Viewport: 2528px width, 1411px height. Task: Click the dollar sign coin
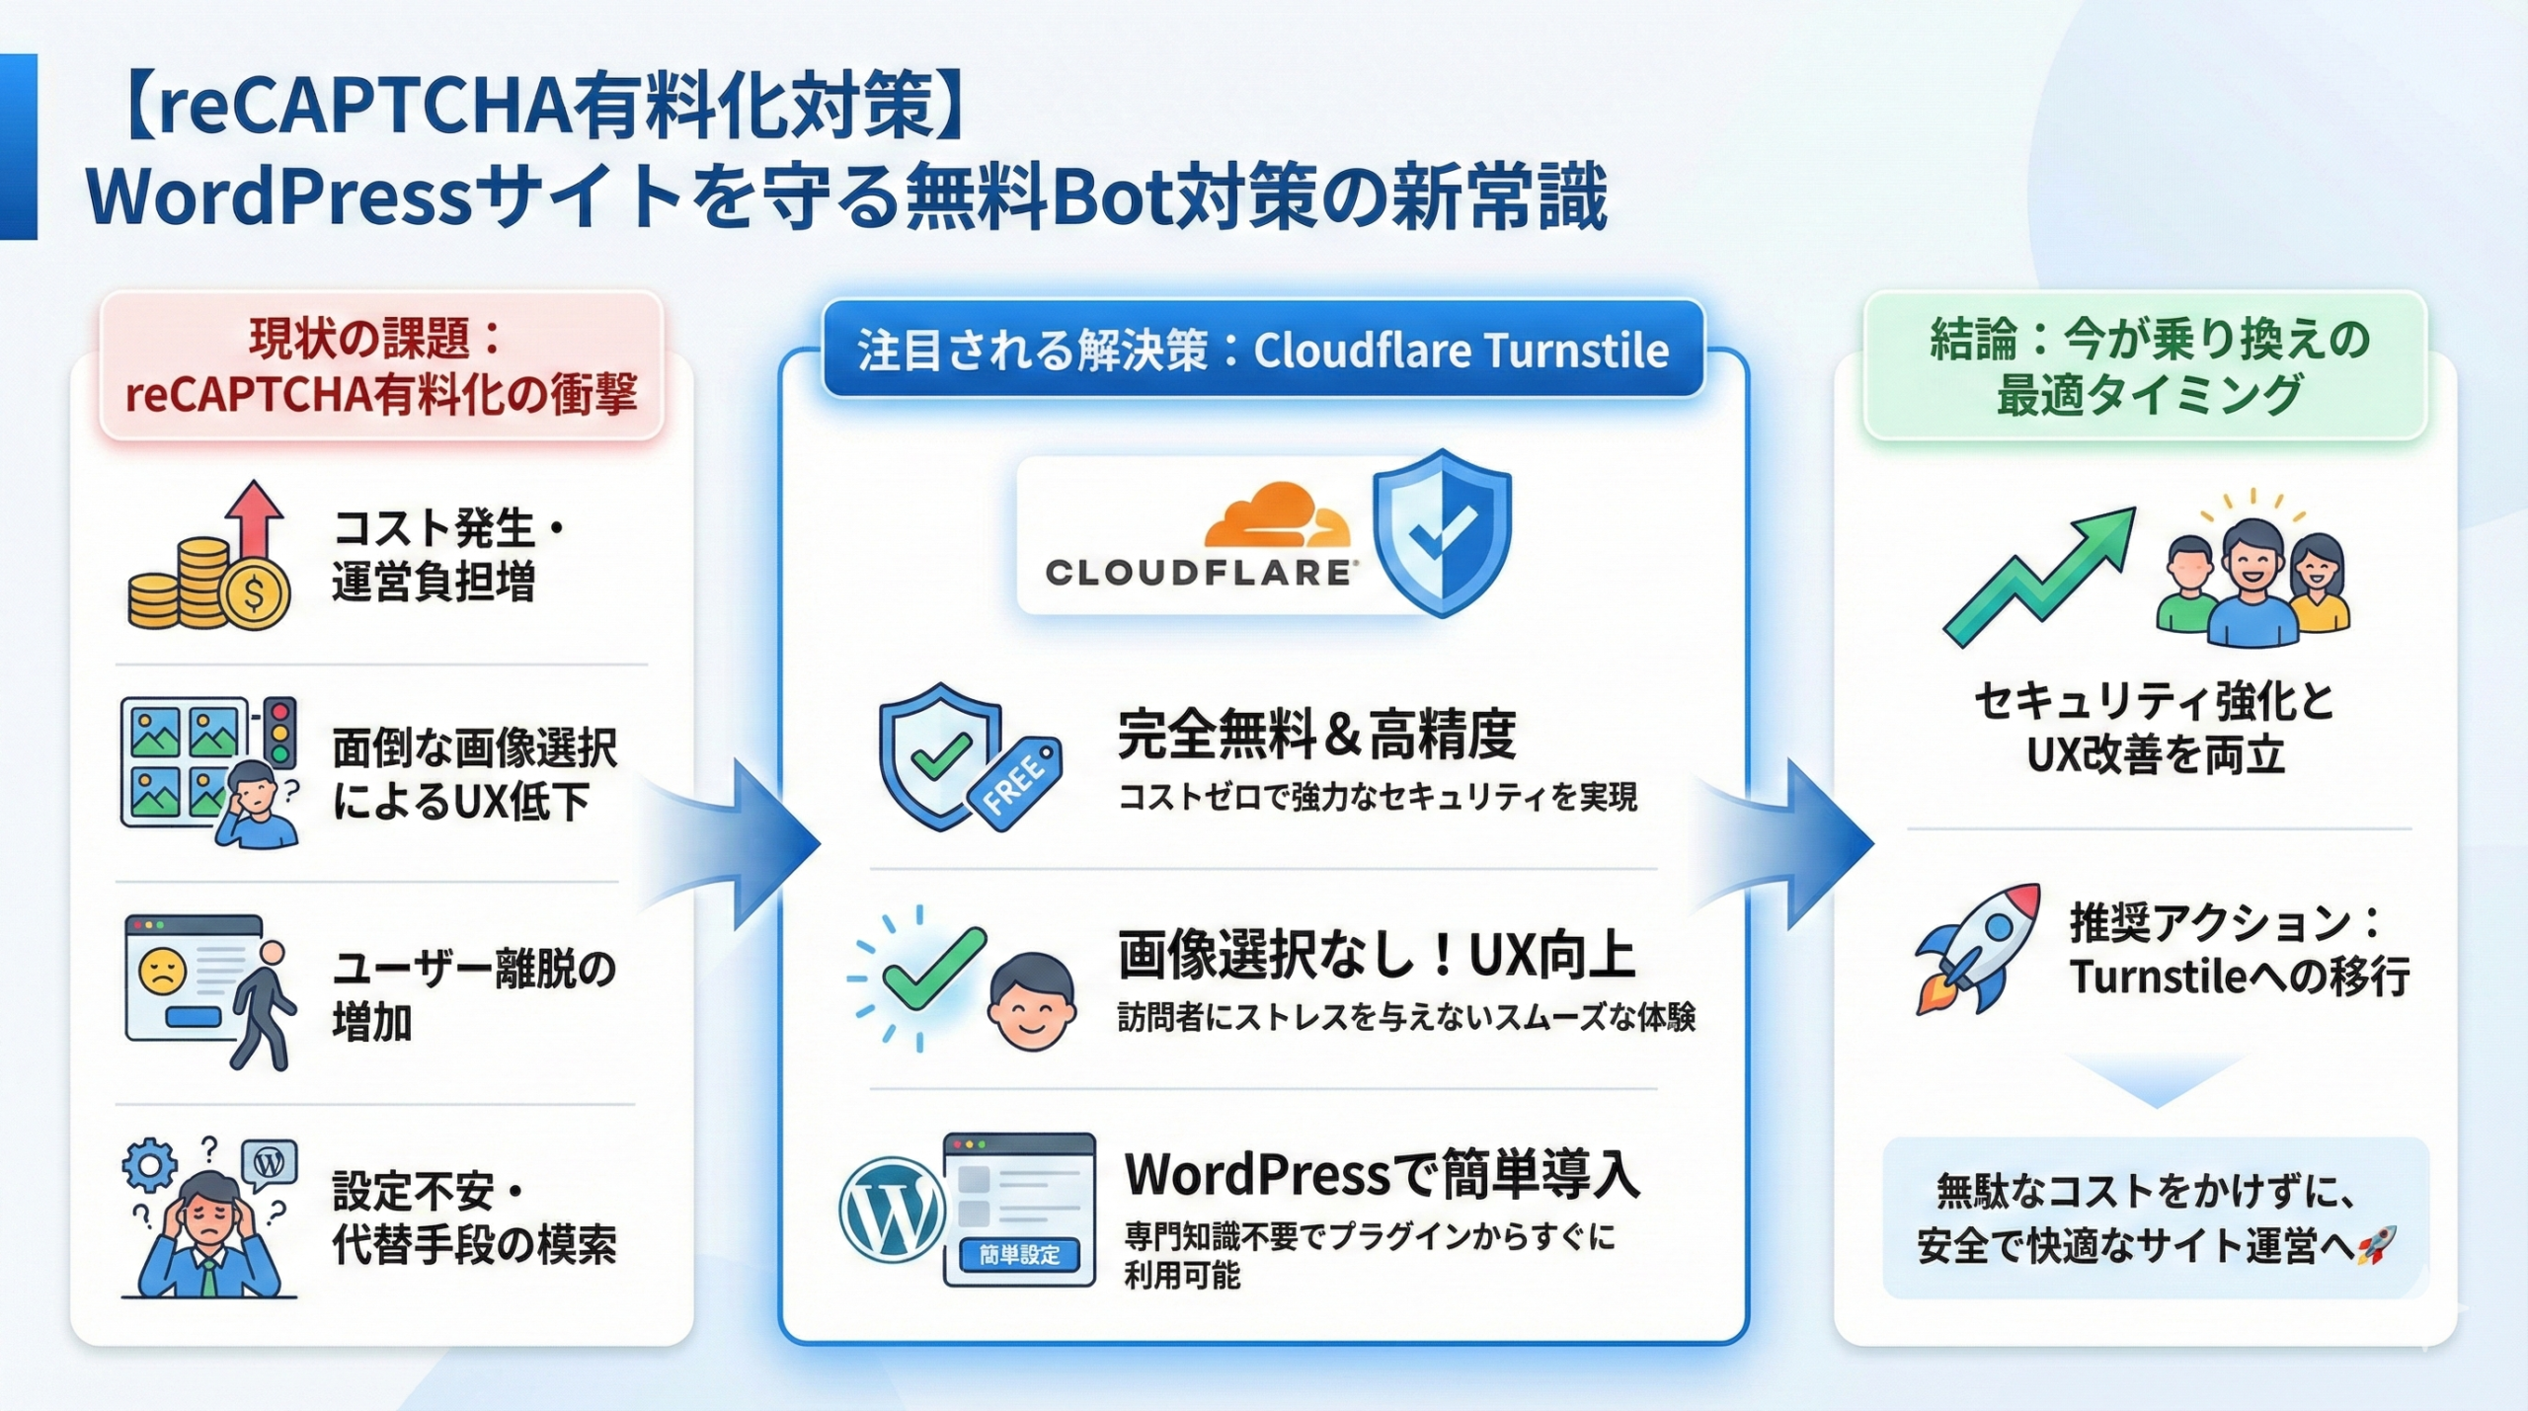pyautogui.click(x=255, y=594)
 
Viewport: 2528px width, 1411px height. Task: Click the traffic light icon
pyautogui.click(x=280, y=731)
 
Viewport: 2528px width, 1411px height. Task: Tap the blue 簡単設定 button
pyautogui.click(x=1019, y=1254)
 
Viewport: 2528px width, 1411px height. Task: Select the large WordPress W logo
pyautogui.click(x=892, y=1209)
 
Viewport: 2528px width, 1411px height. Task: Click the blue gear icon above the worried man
pyautogui.click(x=149, y=1165)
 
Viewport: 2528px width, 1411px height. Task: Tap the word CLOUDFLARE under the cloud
pyautogui.click(x=1198, y=573)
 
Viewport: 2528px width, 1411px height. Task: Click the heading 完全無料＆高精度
pyautogui.click(x=1316, y=735)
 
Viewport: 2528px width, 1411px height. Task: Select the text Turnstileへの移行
pyautogui.click(x=2240, y=977)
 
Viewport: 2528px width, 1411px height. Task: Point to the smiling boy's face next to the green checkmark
pyautogui.click(x=1032, y=1000)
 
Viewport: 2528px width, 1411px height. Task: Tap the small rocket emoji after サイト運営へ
pyautogui.click(x=2376, y=1246)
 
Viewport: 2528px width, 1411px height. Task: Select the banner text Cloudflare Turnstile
pyautogui.click(x=1461, y=351)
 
